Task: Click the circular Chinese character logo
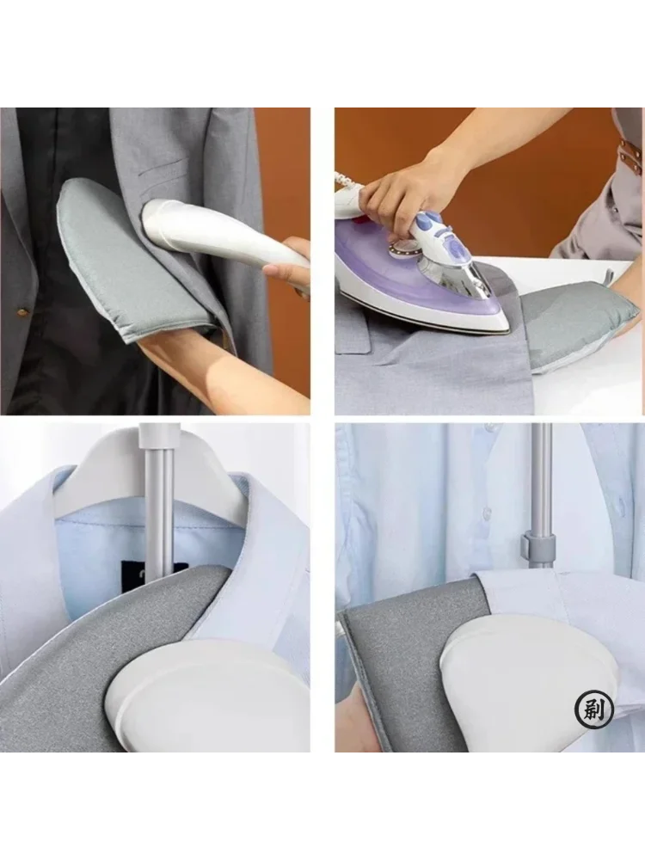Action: (593, 709)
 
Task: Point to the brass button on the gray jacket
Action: (23, 312)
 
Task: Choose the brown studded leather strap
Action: (630, 155)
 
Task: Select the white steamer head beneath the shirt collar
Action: (208, 697)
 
